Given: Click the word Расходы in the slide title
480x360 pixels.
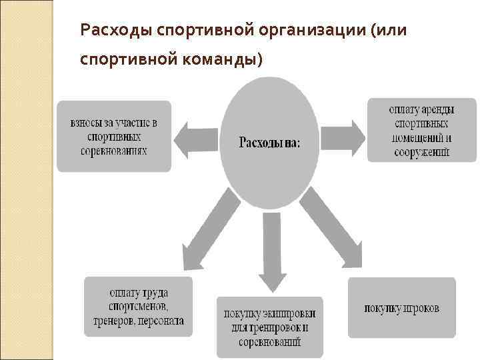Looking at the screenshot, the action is [x=109, y=31].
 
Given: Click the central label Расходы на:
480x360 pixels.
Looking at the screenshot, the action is [x=269, y=143].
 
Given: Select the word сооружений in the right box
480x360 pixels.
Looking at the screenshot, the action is [x=422, y=152].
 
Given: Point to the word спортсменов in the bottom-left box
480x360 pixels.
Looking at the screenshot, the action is [x=139, y=307].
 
